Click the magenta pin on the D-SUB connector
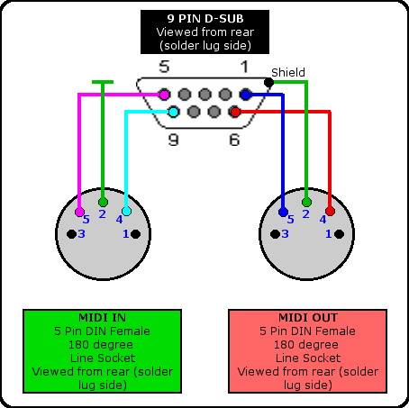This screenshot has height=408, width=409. tap(164, 95)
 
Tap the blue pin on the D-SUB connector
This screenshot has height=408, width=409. tap(245, 95)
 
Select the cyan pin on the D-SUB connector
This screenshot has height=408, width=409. tap(173, 112)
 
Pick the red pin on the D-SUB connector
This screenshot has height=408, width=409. tap(235, 112)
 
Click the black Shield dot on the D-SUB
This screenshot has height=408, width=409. tap(268, 82)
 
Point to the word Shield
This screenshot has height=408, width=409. tap(288, 72)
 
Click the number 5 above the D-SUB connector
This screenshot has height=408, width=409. tap(164, 67)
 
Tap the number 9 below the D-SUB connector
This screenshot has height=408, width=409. tap(173, 140)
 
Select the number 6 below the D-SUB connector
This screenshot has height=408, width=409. tap(234, 140)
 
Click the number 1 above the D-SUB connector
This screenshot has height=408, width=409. tap(245, 67)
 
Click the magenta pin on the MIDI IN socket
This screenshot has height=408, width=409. tap(79, 212)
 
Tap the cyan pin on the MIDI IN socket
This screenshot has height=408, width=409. tap(127, 211)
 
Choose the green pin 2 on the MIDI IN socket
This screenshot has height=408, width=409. tap(103, 202)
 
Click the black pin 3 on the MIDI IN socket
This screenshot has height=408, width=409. tap(71, 234)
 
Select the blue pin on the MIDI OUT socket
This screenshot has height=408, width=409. tap(283, 212)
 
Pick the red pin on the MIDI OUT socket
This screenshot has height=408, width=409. tap(330, 211)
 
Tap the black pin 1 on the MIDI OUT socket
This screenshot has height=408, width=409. tap(339, 234)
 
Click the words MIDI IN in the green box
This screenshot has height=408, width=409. tap(102, 317)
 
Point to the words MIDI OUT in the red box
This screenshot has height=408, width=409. tap(308, 317)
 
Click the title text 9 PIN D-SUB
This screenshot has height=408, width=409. tap(205, 19)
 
